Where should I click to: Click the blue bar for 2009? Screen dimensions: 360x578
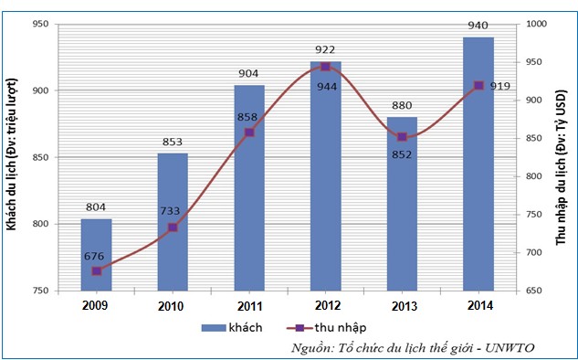[x=96, y=255]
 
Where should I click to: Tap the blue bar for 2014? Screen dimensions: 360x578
[x=478, y=164]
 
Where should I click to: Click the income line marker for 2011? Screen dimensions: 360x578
[x=249, y=132]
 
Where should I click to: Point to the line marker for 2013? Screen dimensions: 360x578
[x=402, y=137]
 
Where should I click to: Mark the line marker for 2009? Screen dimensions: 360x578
[x=97, y=270]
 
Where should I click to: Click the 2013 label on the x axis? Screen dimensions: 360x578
[x=402, y=304]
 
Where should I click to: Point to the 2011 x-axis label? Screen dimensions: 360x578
[x=249, y=304]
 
